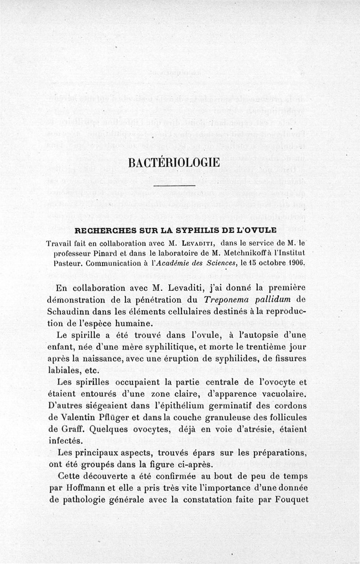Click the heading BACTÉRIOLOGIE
click(174, 162)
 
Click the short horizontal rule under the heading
click(174, 185)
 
